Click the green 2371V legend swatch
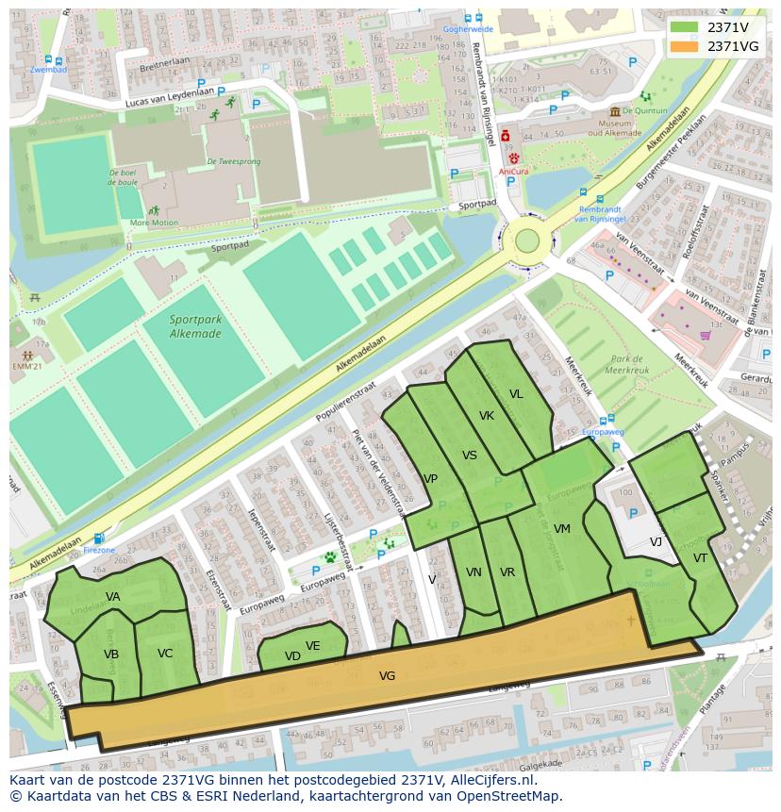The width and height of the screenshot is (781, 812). click(x=685, y=27)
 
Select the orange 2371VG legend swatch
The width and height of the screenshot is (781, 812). click(x=685, y=45)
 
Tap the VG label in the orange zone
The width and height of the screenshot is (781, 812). click(x=387, y=676)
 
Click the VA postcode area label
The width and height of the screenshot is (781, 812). click(x=113, y=597)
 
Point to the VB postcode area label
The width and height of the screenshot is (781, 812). click(x=111, y=655)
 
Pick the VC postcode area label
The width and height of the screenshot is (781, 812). click(x=165, y=654)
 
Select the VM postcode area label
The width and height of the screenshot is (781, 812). click(x=562, y=529)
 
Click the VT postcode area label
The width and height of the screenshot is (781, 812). click(x=700, y=558)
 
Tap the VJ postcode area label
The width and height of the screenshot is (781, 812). click(x=656, y=542)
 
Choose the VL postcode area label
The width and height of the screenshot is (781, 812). click(x=516, y=395)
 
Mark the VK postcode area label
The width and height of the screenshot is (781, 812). click(x=487, y=416)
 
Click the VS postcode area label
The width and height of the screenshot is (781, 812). click(x=470, y=456)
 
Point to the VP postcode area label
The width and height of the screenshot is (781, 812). click(x=430, y=479)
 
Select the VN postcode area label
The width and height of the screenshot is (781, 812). click(x=474, y=572)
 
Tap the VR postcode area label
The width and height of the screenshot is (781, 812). click(x=507, y=572)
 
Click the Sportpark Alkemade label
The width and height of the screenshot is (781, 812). click(x=196, y=325)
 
